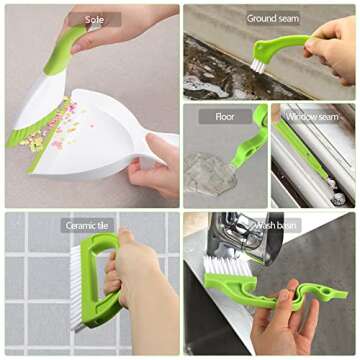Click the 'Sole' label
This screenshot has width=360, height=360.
(x=94, y=19)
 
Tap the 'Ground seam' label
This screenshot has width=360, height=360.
(x=272, y=18)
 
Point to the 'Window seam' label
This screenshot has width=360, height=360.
(x=313, y=117)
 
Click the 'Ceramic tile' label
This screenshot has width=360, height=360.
(x=87, y=226)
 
